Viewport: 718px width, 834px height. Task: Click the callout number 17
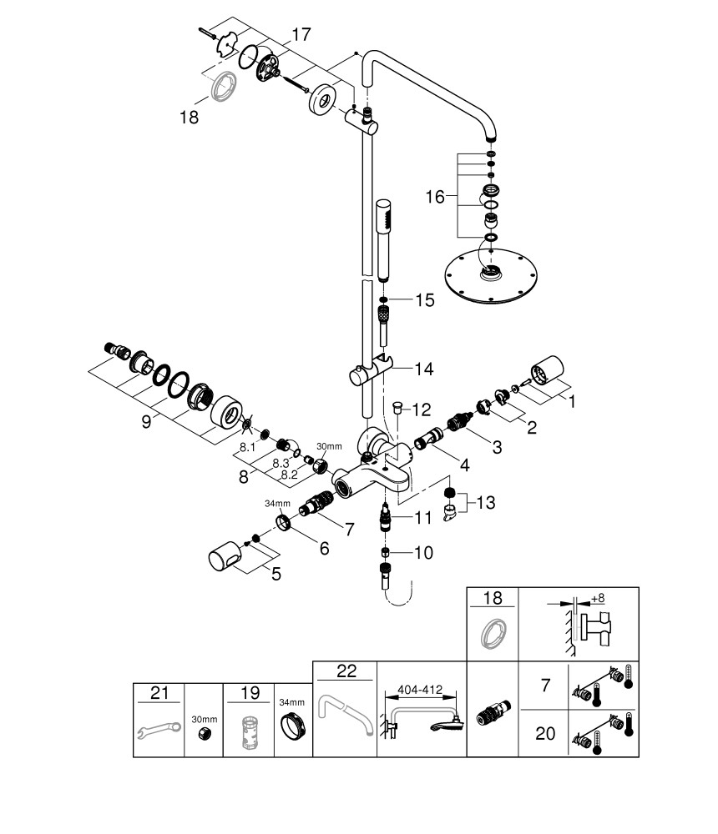click(301, 35)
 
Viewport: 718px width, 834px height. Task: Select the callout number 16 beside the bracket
click(436, 197)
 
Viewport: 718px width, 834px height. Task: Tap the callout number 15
click(425, 300)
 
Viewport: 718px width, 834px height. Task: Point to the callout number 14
click(425, 367)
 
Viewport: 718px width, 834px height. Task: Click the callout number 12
click(422, 409)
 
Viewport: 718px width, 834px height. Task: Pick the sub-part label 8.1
click(247, 447)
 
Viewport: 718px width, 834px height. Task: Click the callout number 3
click(497, 447)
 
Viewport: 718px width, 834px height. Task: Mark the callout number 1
click(573, 400)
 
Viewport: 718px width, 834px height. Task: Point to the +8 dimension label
click(597, 599)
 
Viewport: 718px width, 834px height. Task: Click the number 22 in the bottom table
click(345, 672)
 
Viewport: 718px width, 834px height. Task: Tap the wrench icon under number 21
click(158, 730)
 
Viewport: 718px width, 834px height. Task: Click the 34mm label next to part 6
click(278, 504)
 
